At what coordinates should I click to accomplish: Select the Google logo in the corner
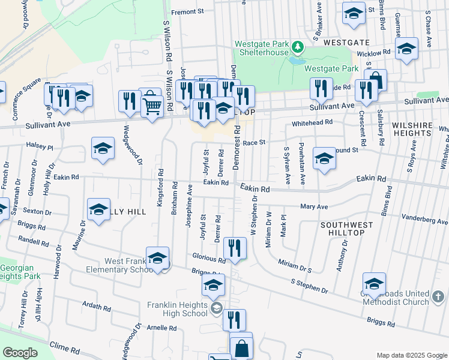[20, 353]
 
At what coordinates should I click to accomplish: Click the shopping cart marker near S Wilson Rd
[152, 107]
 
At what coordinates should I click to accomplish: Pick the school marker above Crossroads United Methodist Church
[374, 283]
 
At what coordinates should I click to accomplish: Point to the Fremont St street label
[188, 11]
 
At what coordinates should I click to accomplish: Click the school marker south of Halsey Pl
[103, 148]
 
